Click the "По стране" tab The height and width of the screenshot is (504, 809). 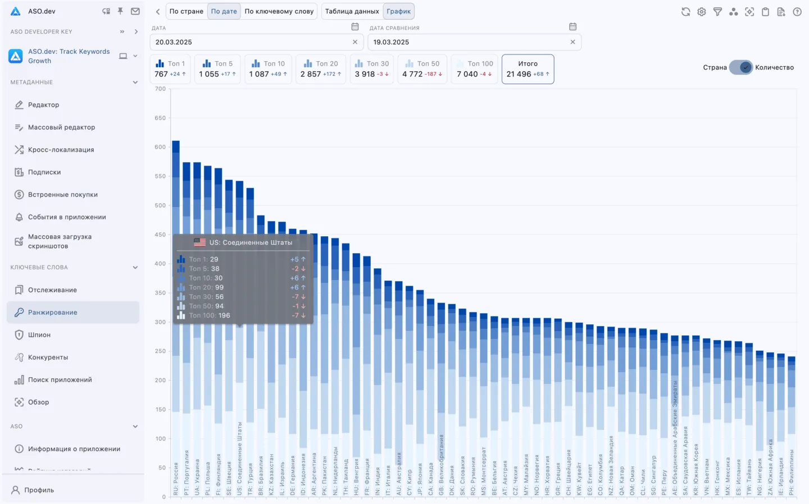coord(186,11)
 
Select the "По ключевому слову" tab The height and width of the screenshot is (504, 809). coord(279,11)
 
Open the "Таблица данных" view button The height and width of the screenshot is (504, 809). coord(352,11)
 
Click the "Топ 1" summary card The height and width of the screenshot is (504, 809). coord(170,69)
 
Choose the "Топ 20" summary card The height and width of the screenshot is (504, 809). coord(321,69)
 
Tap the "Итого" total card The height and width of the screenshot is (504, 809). coord(528,69)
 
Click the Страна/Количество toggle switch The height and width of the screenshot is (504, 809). coord(741,67)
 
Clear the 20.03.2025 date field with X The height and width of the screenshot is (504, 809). coord(355,42)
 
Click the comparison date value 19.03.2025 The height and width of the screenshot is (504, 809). coord(391,42)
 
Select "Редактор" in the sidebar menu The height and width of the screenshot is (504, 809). coord(43,105)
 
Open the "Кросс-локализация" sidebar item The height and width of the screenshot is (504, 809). coord(61,150)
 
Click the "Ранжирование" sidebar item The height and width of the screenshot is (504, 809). coord(52,313)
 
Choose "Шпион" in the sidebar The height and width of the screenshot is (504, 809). coord(39,335)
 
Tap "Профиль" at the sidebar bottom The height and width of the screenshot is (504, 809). coord(39,490)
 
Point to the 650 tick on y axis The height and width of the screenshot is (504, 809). coord(160,118)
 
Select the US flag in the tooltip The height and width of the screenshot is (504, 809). coord(199,242)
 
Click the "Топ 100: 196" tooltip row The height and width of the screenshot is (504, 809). coord(209,315)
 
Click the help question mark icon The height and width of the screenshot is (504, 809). coord(797,12)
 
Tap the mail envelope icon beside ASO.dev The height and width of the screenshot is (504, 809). coord(135,11)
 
